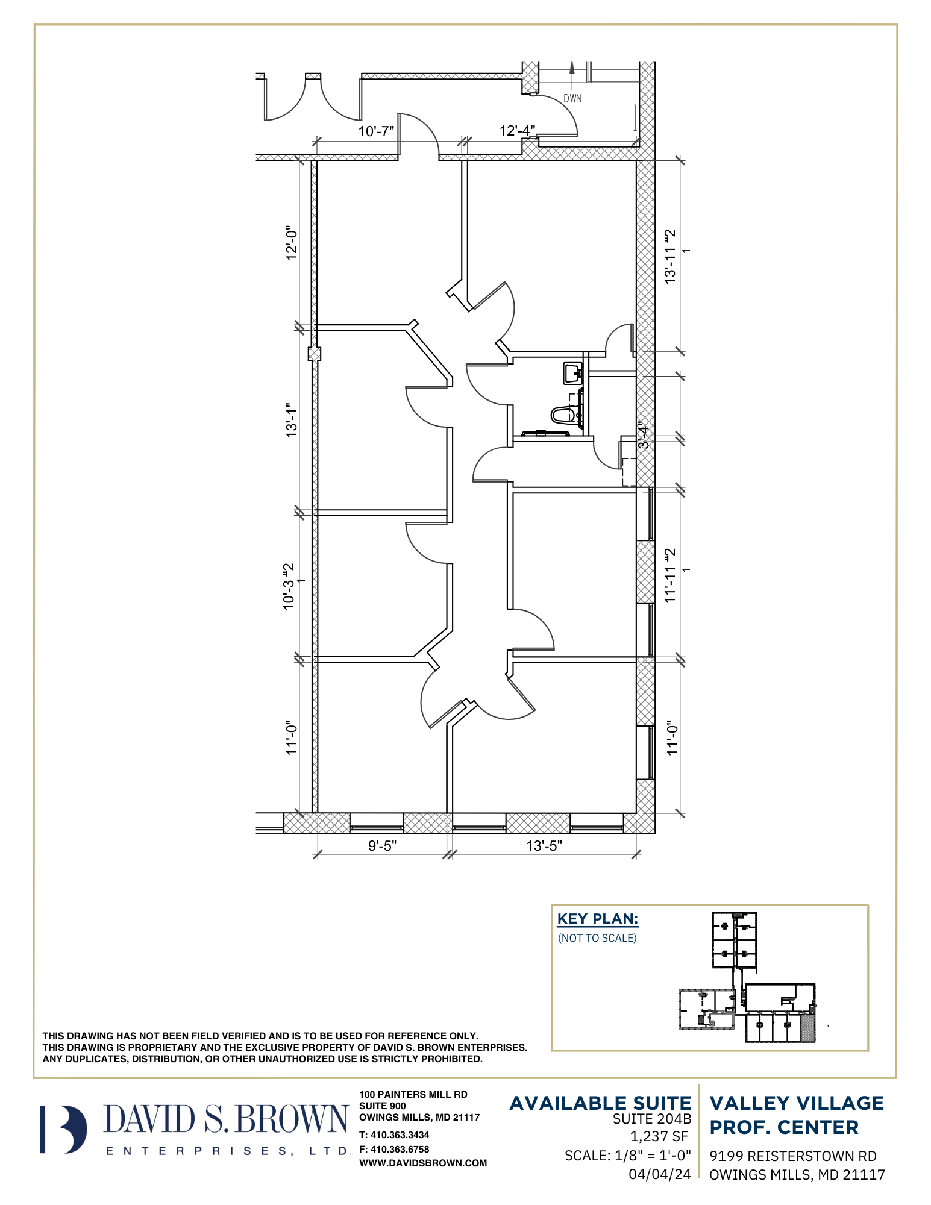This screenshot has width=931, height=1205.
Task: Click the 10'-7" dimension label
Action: [x=376, y=131]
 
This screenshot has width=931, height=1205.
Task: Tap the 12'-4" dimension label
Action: [x=517, y=130]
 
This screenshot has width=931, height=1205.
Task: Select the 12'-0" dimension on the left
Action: [x=292, y=243]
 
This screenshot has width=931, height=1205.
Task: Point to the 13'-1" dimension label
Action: [x=292, y=421]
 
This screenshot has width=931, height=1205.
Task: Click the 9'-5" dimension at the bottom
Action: [x=382, y=846]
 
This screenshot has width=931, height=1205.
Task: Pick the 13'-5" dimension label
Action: [x=544, y=846]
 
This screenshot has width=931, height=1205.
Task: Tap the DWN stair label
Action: [x=572, y=98]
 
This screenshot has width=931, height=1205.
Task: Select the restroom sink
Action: [x=572, y=374]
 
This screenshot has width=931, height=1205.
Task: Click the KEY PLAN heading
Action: [x=598, y=919]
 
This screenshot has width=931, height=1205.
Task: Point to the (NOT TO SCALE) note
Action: [x=597, y=938]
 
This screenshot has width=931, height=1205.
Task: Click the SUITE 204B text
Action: [x=652, y=1119]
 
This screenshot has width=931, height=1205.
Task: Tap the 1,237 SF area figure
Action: [x=659, y=1136]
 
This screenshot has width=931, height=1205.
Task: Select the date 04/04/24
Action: [x=660, y=1174]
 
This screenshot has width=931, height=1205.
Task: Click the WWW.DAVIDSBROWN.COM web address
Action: [x=423, y=1163]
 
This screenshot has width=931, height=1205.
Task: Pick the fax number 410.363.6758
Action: [x=400, y=1150]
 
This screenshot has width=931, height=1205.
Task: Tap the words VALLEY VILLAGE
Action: [x=797, y=1103]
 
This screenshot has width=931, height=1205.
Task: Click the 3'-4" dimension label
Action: [x=644, y=434]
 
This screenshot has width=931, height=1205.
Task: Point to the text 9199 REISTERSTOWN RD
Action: [x=793, y=1156]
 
